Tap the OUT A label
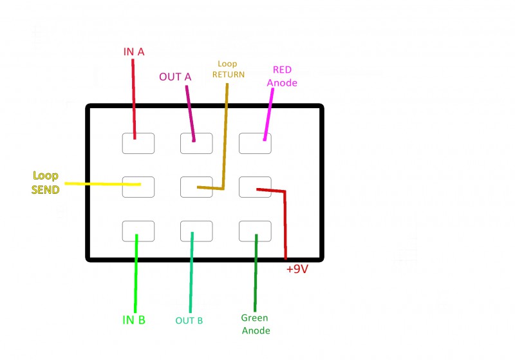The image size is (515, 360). click(x=175, y=77)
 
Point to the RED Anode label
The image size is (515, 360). click(x=285, y=76)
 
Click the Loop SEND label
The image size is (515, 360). click(x=46, y=182)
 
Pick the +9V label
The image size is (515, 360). click(x=298, y=269)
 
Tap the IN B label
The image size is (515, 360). click(x=134, y=319)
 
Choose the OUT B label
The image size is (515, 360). click(x=189, y=320)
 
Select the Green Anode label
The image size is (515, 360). click(x=256, y=324)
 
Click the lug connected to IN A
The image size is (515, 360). click(x=138, y=143)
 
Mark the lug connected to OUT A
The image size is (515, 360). click(x=196, y=143)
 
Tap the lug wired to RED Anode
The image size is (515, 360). click(x=255, y=143)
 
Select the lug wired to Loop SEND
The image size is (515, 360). click(x=138, y=187)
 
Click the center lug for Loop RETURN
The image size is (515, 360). click(x=196, y=187)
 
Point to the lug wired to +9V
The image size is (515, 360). click(x=255, y=187)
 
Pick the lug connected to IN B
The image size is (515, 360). click(x=138, y=231)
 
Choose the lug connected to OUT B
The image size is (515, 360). click(x=196, y=231)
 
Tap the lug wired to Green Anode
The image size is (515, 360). click(x=255, y=231)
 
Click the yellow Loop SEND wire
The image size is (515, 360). click(x=97, y=184)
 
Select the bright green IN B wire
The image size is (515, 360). click(x=135, y=277)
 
